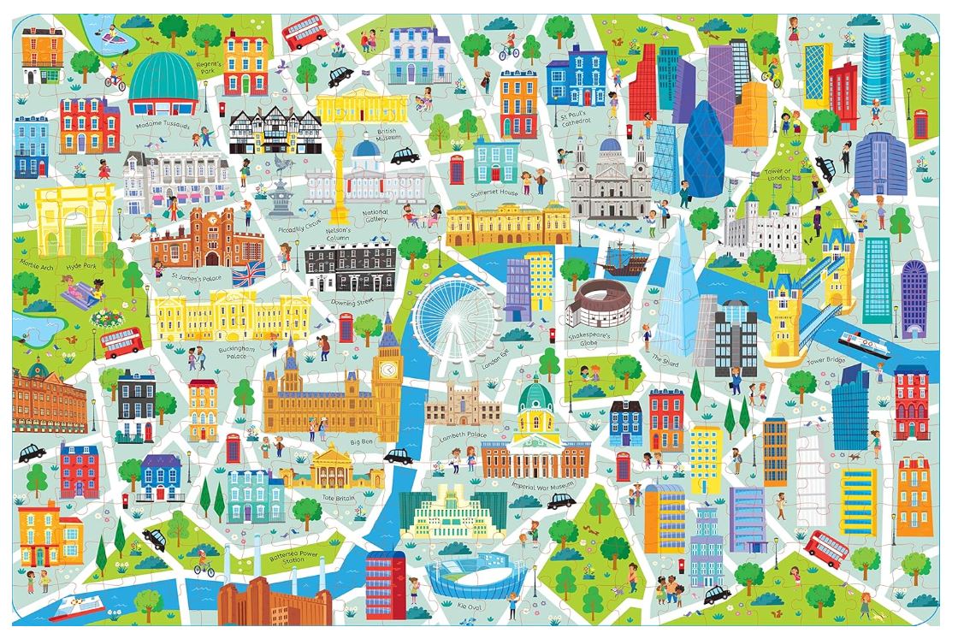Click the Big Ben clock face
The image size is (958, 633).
(x=389, y=370)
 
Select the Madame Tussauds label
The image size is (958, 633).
(x=163, y=125)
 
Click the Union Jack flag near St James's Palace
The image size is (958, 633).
(x=249, y=274)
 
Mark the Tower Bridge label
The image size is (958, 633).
(x=826, y=361)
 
